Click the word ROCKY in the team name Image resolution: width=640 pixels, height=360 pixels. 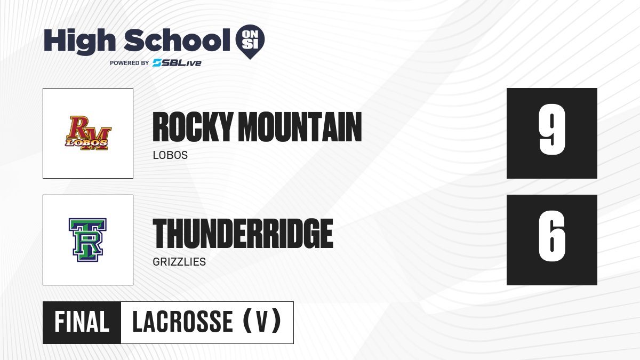tap(192, 127)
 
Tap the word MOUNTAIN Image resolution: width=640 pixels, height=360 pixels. tap(300, 127)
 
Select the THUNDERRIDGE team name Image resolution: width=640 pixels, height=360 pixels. tap(243, 234)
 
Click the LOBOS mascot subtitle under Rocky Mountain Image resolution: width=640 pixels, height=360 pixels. tap(170, 155)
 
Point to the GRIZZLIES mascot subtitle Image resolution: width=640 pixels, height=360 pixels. tap(179, 262)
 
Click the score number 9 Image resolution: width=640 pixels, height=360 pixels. tap(552, 130)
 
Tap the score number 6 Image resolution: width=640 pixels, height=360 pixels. tap(552, 236)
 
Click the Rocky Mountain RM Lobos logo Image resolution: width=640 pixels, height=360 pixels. tap(88, 133)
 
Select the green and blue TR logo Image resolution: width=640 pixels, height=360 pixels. tap(87, 239)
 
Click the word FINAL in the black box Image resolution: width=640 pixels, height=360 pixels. tap(82, 322)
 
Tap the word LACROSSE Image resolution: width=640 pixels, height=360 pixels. tap(182, 322)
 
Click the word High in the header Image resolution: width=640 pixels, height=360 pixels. tap(79, 42)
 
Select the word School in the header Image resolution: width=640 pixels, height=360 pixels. tap(177, 40)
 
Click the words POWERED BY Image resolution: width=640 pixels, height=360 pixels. tap(129, 63)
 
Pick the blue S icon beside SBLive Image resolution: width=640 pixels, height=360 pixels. tap(157, 63)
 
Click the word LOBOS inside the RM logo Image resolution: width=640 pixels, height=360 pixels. tap(86, 142)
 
